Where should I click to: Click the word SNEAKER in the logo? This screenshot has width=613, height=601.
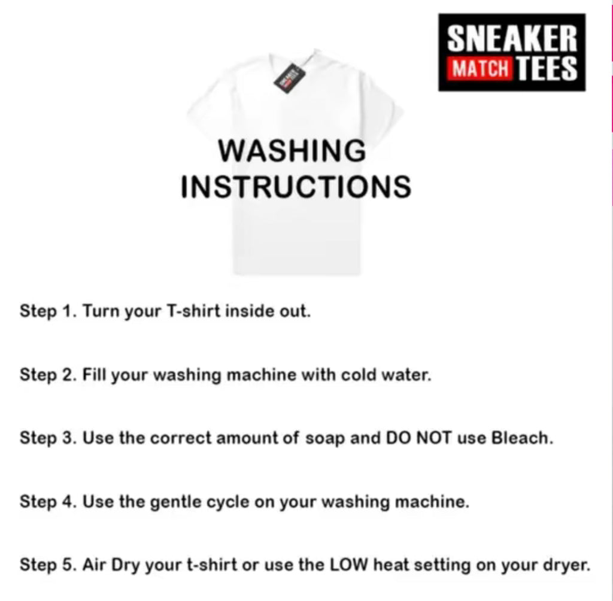[512, 38]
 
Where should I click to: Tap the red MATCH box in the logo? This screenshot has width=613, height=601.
[481, 68]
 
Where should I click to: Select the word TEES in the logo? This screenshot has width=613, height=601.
[547, 68]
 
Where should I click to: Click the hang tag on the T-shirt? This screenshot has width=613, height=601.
[290, 78]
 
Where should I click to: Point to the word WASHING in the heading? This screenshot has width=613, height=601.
[292, 151]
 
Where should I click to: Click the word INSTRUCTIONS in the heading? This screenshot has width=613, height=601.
[296, 187]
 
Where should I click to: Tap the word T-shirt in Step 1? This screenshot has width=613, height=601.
[193, 311]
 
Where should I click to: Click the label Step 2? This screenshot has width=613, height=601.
[48, 375]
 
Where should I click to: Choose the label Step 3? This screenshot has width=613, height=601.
[48, 438]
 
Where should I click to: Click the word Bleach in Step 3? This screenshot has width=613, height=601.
[522, 438]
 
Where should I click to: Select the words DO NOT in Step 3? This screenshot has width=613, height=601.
[418, 438]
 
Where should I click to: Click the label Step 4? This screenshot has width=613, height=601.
[48, 502]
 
